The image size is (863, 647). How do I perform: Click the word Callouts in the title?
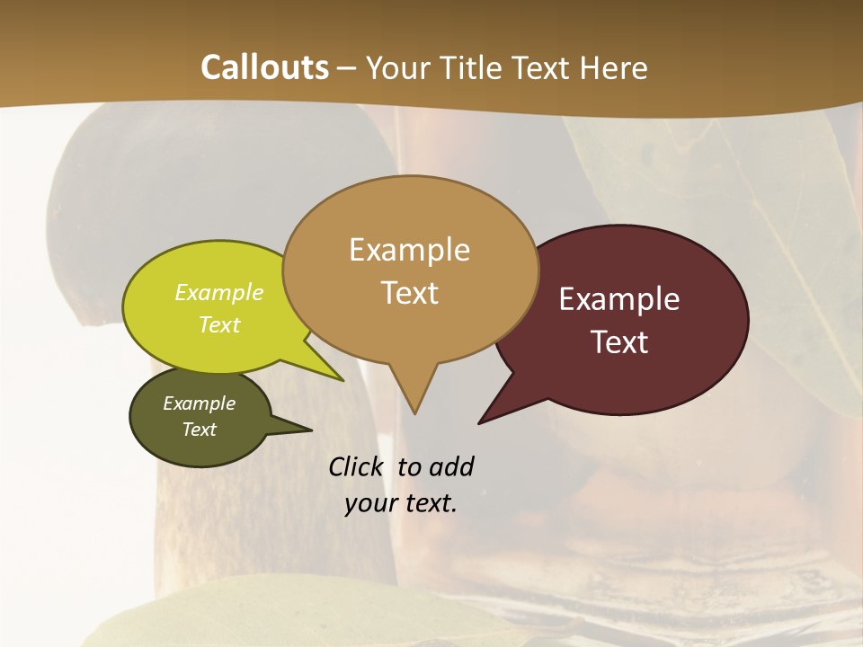click(264, 67)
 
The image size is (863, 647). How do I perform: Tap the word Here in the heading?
click(614, 67)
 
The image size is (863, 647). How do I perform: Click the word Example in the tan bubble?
click(409, 250)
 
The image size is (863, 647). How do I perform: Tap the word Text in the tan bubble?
click(410, 293)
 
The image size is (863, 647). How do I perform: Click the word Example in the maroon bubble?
click(619, 299)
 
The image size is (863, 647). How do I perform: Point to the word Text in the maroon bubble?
click(620, 342)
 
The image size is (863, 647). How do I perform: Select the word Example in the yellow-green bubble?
click(219, 292)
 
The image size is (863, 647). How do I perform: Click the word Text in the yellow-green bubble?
click(219, 324)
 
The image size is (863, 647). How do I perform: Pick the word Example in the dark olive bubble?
click(199, 403)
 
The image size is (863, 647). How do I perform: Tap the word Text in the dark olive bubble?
click(199, 430)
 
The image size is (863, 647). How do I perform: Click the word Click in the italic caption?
click(357, 467)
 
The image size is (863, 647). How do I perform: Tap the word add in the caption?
click(450, 467)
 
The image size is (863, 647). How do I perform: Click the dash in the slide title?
click(347, 67)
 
